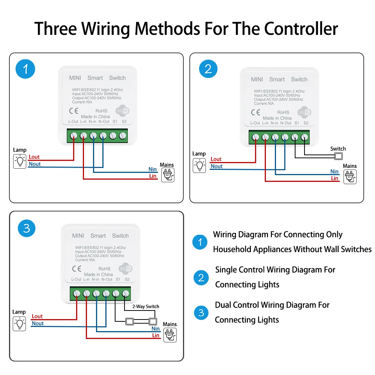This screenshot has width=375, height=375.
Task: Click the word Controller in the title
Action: pos(301,29)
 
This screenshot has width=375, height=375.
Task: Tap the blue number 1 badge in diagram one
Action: pos(25,69)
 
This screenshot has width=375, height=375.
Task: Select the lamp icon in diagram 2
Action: pos(199,165)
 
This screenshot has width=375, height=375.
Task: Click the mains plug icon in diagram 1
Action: pos(168,175)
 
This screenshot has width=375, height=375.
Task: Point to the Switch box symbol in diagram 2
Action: pos(338,156)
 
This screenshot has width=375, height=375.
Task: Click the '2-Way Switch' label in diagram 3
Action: pos(145,306)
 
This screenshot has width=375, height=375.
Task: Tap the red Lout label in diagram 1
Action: pos(34,157)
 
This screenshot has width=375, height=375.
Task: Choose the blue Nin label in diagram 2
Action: pos(334,171)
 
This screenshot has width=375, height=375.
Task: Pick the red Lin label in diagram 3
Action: pos(156,335)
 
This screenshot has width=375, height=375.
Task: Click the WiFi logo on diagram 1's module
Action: pos(123,111)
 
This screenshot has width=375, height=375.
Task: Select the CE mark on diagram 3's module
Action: pos(77,269)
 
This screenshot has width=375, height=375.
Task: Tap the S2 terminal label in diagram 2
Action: pos(306,123)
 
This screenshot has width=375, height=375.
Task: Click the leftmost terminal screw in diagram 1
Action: pos(73,136)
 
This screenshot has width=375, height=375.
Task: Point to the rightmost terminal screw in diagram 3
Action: pos(125,294)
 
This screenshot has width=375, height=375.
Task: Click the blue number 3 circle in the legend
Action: pos(201,313)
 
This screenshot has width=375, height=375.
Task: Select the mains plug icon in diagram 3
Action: pos(170,335)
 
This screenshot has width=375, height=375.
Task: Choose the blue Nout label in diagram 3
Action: pos(38,323)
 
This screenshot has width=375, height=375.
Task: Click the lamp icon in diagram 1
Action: pos(19,161)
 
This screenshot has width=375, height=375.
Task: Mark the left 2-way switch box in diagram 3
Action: pos(130,321)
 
